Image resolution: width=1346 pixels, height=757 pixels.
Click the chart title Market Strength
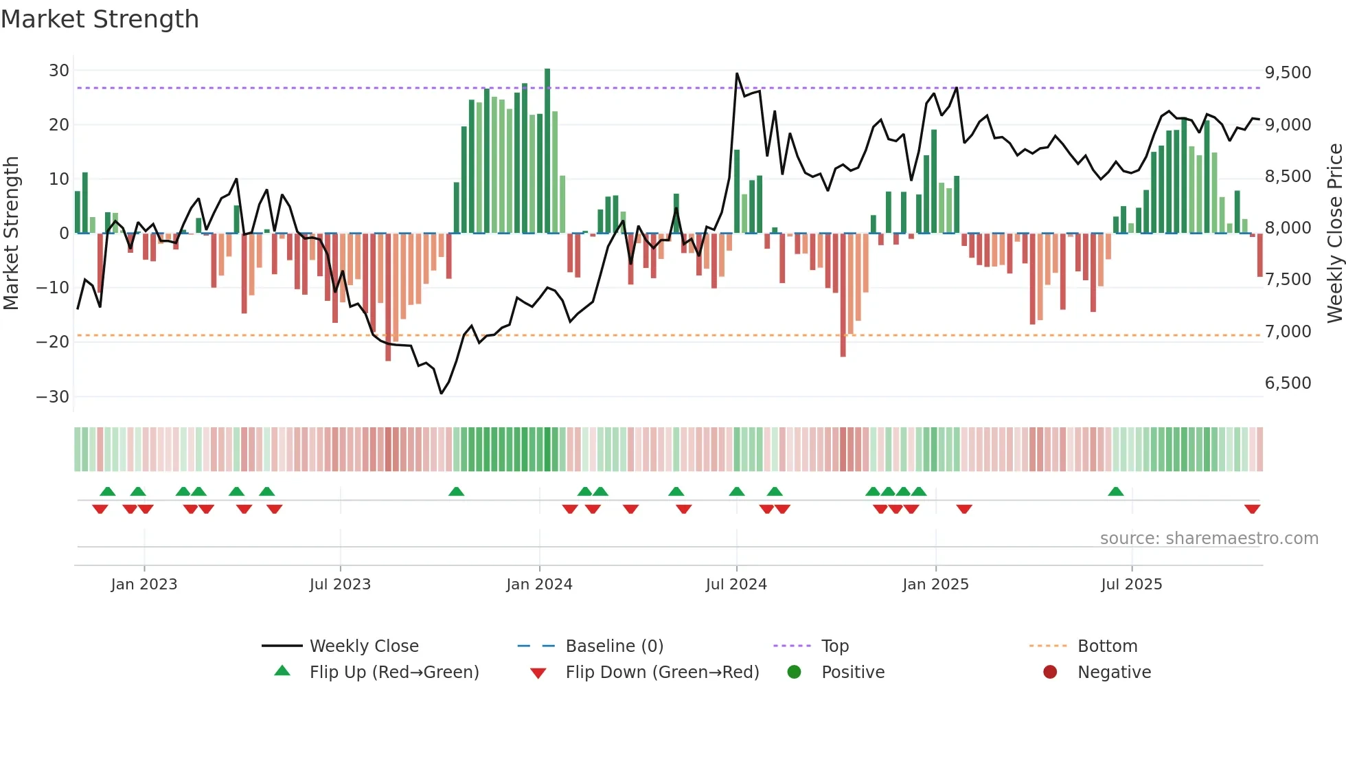100,19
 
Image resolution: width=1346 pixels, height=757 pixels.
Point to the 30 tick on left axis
59,71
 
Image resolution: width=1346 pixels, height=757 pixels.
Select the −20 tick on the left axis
53,342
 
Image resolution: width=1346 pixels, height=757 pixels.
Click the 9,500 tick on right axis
1288,73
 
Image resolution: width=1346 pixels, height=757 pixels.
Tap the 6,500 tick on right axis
1288,383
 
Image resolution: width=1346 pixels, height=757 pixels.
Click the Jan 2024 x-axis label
539,585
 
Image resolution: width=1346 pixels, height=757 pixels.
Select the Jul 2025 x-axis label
1131,585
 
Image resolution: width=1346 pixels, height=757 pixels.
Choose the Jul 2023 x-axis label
340,585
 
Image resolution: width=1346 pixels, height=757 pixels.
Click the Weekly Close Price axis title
1334,233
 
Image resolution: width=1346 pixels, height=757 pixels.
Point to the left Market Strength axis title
11,233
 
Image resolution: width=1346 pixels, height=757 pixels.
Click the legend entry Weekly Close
363,646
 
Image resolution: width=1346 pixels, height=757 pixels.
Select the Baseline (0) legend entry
614,646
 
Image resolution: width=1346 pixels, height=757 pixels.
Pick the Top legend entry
834,646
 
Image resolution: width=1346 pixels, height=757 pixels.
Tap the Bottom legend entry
1107,646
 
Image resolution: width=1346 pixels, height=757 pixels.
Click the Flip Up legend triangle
282,671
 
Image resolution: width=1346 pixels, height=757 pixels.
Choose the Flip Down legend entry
662,673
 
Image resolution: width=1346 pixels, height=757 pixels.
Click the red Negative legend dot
1050,673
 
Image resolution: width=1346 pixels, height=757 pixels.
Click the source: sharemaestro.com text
1209,539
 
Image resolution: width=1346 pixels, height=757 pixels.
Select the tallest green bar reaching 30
547,151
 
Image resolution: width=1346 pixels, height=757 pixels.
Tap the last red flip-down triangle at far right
1252,509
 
